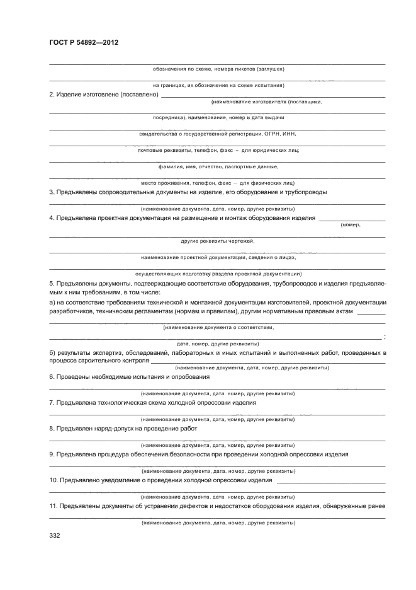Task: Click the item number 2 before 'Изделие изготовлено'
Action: (x=52, y=95)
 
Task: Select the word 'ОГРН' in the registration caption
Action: (x=273, y=134)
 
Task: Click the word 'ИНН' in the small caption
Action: (x=290, y=134)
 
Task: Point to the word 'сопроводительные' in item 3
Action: (x=130, y=192)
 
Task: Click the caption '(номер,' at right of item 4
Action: (x=350, y=225)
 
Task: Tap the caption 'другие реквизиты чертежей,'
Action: (x=218, y=241)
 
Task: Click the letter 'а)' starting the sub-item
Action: (x=53, y=303)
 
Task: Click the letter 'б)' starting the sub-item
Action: (x=53, y=352)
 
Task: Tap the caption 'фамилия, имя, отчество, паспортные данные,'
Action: (x=218, y=166)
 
